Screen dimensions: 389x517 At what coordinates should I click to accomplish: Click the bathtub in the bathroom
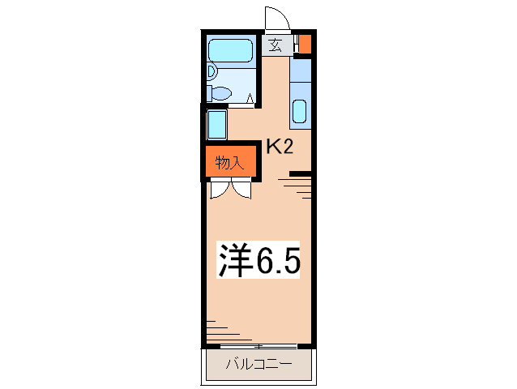[231, 51]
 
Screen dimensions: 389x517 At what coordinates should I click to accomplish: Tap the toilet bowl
[212, 71]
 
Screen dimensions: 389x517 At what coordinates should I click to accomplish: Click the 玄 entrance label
[276, 45]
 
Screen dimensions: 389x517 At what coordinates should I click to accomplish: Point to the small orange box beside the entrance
[305, 43]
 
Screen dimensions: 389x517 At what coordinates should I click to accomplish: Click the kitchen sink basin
[299, 110]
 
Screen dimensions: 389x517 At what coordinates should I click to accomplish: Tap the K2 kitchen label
[280, 147]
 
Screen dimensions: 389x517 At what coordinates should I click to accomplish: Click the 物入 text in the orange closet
[229, 163]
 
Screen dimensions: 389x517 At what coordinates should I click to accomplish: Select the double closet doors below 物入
[230, 190]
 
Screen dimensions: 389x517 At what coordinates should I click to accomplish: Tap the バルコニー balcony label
[257, 365]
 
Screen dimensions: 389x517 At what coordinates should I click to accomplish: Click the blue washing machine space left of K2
[216, 124]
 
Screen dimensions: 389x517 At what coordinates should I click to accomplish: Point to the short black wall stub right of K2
[300, 173]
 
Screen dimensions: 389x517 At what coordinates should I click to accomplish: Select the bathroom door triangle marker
[251, 99]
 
